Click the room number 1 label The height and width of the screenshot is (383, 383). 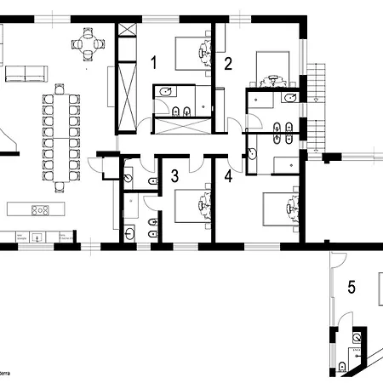[154, 61]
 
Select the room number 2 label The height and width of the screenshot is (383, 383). [228, 62]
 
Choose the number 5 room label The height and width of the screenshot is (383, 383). [351, 287]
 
